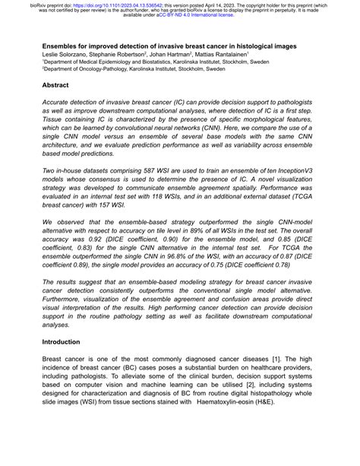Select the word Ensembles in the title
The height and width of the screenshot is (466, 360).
[x=64, y=46]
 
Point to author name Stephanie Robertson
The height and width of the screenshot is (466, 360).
[x=123, y=56]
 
